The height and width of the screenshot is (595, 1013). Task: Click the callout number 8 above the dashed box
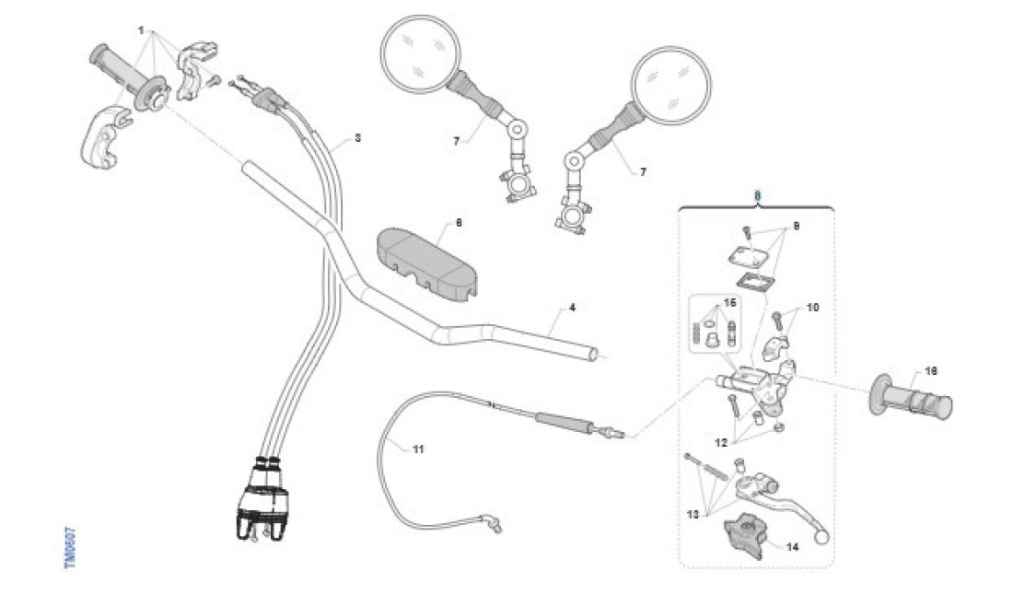[757, 196]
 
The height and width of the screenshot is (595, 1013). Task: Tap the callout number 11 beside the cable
[418, 449]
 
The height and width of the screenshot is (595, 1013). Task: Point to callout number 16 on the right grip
[931, 371]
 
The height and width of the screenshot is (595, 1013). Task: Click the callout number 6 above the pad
[460, 222]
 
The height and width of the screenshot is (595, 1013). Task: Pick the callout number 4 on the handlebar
[572, 307]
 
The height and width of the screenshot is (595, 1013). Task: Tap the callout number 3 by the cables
[357, 138]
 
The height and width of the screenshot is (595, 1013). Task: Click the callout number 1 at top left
[142, 30]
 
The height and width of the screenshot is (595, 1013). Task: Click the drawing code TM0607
[70, 547]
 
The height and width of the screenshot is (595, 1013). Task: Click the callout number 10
[812, 307]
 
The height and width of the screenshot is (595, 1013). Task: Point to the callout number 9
[797, 225]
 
